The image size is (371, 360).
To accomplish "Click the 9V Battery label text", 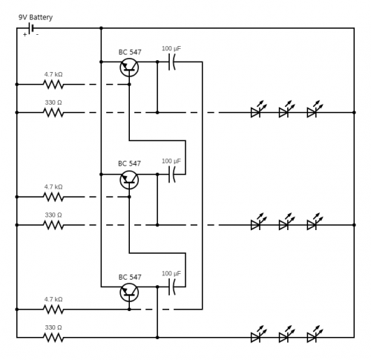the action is [x=36, y=18].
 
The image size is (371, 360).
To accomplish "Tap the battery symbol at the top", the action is [x=31, y=28].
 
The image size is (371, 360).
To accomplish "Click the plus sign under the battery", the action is [x=24, y=35].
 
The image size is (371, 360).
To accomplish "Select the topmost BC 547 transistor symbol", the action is [x=129, y=68].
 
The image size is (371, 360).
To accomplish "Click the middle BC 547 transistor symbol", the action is [x=129, y=180].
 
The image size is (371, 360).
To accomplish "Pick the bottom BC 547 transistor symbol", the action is [x=129, y=292].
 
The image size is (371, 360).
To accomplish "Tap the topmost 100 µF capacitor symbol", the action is [x=172, y=62].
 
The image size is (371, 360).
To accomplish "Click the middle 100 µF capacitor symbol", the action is [x=172, y=174].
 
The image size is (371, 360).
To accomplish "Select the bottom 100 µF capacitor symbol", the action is [x=172, y=287].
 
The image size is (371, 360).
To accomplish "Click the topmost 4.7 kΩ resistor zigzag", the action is [x=53, y=85].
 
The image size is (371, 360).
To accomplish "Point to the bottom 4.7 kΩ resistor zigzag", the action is [x=53, y=310].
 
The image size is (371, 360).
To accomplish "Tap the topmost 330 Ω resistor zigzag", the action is [x=53, y=113].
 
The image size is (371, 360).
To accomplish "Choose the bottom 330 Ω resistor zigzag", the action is [x=53, y=338].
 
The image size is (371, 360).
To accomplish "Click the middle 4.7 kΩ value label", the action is [x=53, y=187].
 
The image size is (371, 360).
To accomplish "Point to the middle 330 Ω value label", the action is [x=53, y=215].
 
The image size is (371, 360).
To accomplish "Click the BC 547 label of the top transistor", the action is [x=130, y=52].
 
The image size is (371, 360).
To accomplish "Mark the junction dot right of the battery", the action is [x=101, y=28].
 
